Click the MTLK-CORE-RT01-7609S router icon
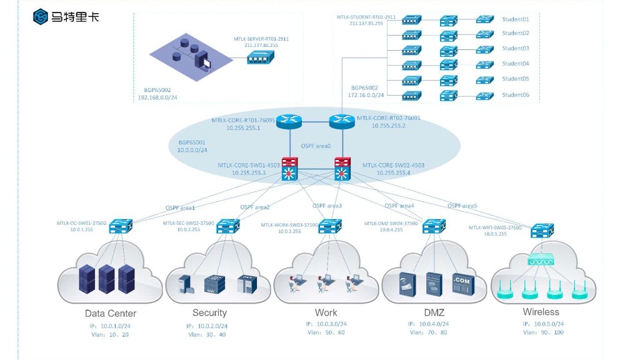[288, 121]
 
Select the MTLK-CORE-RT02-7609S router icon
[341, 121]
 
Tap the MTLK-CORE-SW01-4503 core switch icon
[290, 169]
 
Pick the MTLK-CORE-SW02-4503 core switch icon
[342, 169]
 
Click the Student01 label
[516, 19]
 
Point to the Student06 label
[516, 95]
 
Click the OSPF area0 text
[316, 146]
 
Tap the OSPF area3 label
[327, 206]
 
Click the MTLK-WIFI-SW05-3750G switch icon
[539, 231]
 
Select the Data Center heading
[111, 314]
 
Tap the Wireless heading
[541, 312]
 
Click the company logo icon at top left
[41, 16]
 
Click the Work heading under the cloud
[326, 312]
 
